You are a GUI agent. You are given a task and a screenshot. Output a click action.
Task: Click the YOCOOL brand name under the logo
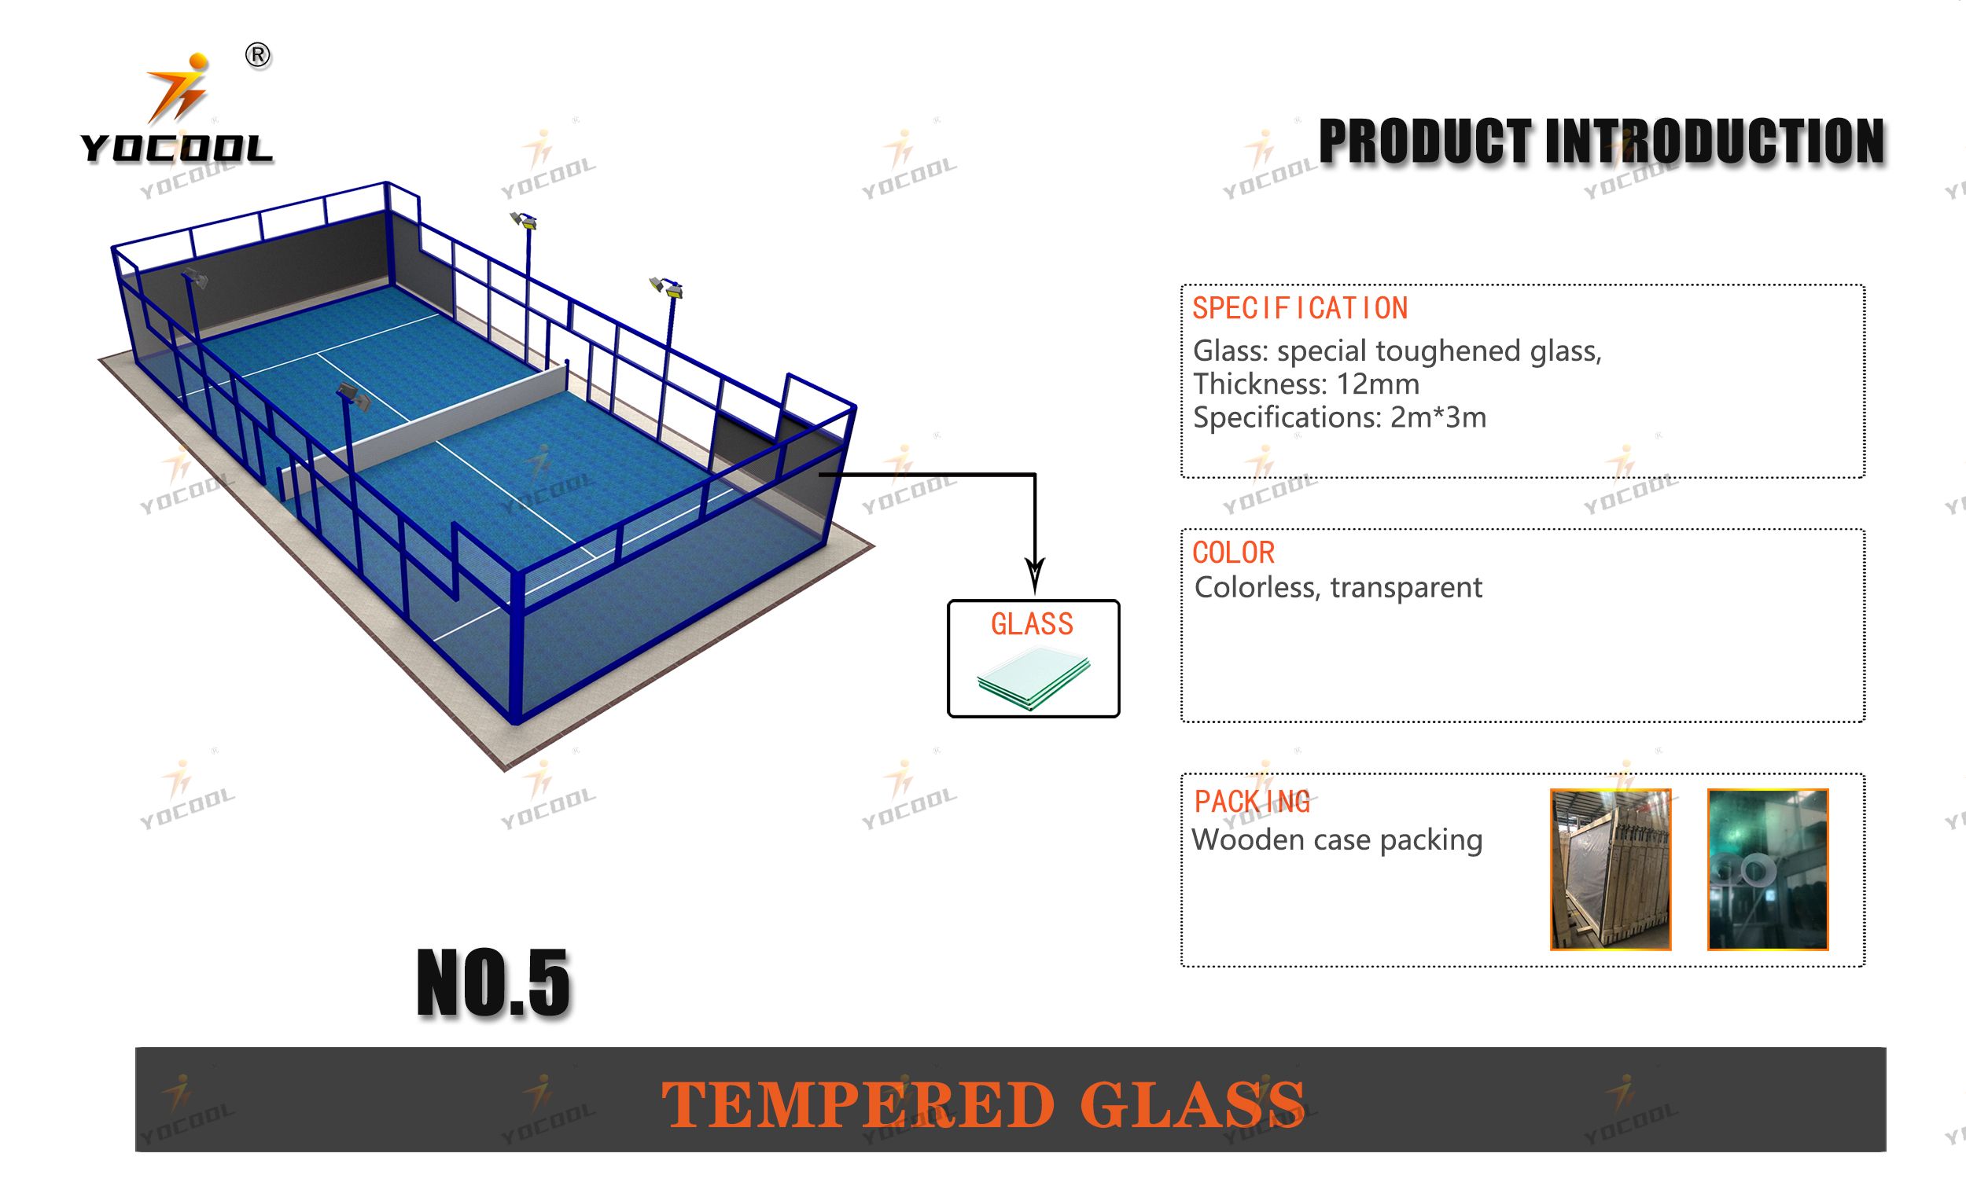tap(176, 149)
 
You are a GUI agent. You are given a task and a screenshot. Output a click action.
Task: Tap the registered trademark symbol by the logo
tap(257, 56)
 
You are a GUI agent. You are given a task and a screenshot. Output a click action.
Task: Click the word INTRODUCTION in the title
tap(1714, 141)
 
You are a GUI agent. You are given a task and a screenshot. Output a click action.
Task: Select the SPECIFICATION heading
tap(1300, 308)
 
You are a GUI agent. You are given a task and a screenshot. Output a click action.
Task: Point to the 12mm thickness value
tap(1378, 384)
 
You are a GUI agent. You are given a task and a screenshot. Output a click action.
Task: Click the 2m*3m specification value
tap(1438, 418)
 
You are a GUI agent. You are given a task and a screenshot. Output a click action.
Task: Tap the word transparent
tap(1407, 588)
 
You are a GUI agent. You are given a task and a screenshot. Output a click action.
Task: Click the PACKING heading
tap(1253, 803)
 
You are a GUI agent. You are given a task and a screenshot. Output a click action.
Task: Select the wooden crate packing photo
tap(1610, 869)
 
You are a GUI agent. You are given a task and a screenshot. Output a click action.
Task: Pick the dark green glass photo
tap(1767, 869)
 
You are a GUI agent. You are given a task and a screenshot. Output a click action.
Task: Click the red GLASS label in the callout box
tap(1033, 624)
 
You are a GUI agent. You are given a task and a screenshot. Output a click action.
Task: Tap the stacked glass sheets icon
tap(1033, 678)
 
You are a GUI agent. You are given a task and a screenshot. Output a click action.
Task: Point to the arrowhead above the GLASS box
tap(1035, 576)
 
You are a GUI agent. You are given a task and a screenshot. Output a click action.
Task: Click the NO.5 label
tap(494, 983)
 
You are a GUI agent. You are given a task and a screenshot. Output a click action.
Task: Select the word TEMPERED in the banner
tap(857, 1104)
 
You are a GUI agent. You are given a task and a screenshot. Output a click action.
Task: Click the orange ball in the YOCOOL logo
tap(199, 62)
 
